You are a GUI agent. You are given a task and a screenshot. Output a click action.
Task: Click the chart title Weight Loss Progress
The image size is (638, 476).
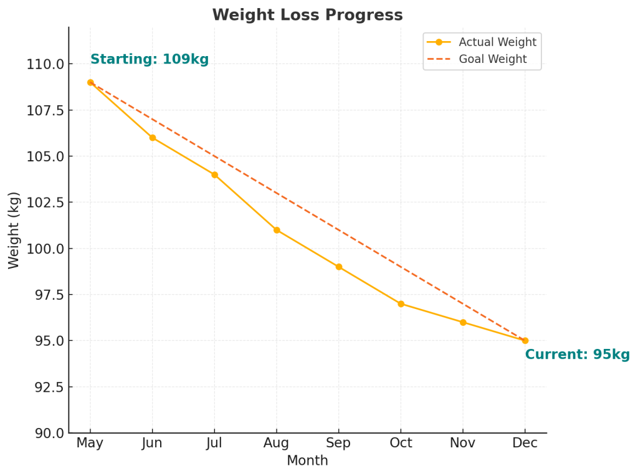click(307, 15)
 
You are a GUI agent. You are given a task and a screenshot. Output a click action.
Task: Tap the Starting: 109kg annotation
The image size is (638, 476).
click(150, 60)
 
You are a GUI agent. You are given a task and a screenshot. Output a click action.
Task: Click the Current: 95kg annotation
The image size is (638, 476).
click(577, 355)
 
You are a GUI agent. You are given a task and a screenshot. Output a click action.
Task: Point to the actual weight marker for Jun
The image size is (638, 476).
click(153, 138)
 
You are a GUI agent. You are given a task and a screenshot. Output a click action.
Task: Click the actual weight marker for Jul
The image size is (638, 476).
click(214, 175)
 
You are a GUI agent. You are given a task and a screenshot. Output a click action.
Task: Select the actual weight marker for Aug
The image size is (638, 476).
click(277, 230)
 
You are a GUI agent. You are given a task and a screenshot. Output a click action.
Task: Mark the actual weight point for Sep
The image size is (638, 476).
click(339, 267)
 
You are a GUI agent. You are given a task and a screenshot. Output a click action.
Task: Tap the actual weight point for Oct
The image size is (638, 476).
click(401, 304)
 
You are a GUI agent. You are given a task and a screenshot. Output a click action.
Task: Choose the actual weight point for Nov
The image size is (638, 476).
click(463, 322)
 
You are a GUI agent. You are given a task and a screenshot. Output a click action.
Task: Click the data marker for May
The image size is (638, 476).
click(90, 82)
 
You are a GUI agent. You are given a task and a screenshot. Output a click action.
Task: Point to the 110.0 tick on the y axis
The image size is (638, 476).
click(45, 64)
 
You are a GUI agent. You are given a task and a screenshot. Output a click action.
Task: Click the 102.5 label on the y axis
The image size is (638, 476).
click(45, 202)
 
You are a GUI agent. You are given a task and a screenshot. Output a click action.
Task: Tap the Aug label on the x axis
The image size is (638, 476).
click(277, 443)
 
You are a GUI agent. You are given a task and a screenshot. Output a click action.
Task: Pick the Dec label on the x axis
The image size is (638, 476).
click(525, 443)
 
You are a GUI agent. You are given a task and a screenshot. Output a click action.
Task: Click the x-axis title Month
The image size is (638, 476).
click(307, 461)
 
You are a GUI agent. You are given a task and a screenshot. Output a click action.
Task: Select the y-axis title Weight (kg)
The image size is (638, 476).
click(14, 230)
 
